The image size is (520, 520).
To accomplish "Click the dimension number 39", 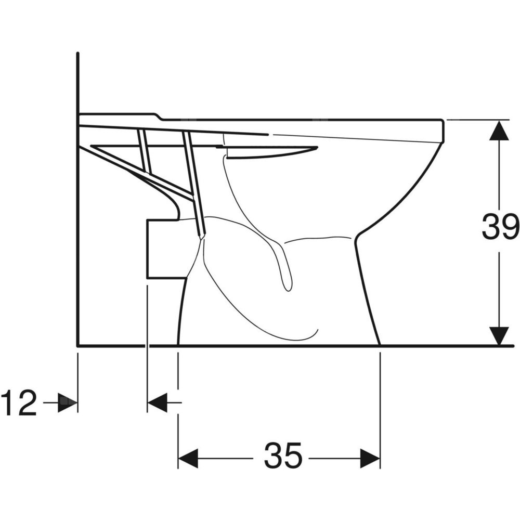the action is coord(500,227).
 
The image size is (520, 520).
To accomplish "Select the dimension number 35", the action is coord(283,456).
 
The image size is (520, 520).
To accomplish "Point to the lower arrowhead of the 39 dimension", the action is coord(499,336).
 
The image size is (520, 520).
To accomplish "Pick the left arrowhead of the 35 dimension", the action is coord(188,459).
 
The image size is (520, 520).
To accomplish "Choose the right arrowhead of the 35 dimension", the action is coord(370,459).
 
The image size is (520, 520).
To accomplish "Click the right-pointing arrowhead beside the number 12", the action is coord(68,402).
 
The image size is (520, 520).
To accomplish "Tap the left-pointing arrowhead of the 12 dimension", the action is coord(157,402).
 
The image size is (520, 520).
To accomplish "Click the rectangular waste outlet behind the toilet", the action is coord(165,249).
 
